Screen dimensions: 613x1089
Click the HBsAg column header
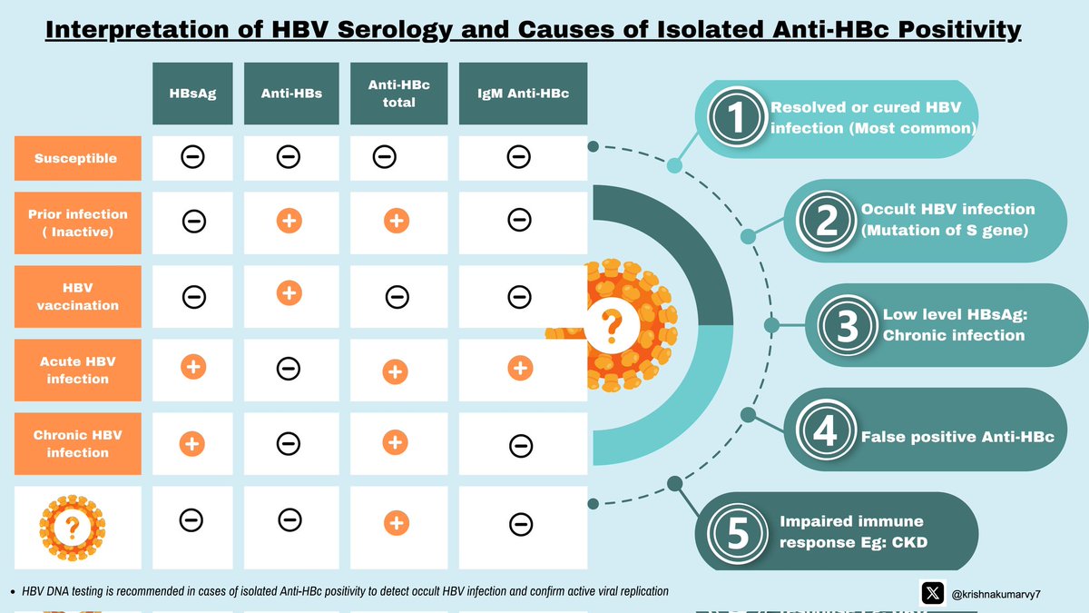[193, 94]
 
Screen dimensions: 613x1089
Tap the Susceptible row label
[76, 158]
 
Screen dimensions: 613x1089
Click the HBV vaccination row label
[77, 297]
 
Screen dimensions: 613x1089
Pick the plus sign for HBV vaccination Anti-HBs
[289, 293]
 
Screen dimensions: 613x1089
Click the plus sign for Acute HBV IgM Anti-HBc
[519, 367]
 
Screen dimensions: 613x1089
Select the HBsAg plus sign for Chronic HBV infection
[192, 443]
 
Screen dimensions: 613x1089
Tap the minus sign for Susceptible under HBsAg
[192, 157]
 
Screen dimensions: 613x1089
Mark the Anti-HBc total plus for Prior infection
[396, 221]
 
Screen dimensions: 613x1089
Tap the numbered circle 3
[847, 327]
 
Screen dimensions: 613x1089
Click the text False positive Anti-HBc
[957, 437]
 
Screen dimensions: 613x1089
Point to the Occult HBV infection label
[947, 220]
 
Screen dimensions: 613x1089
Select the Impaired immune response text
[839, 531]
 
